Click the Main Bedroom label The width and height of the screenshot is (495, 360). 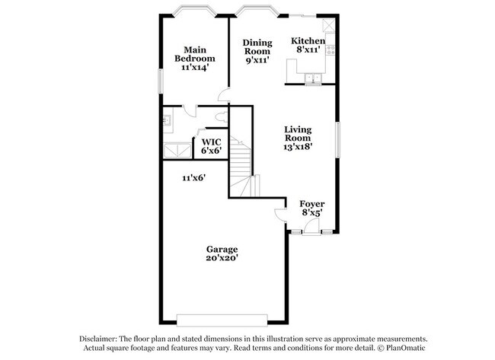[x=194, y=53]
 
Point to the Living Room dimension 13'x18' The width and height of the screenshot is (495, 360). [x=298, y=148]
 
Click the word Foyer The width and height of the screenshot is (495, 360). [x=311, y=203]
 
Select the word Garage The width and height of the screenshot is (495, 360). [x=222, y=249]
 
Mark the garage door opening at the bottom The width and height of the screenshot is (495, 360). [x=222, y=320]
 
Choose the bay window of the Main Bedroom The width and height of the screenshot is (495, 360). [x=194, y=13]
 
